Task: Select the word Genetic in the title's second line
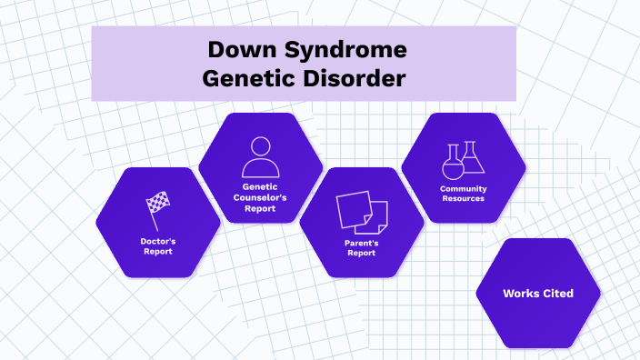click(249, 78)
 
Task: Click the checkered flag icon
click(157, 210)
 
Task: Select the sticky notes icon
click(362, 212)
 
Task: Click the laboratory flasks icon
click(463, 161)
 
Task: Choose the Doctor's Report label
click(158, 246)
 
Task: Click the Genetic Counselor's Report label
click(260, 197)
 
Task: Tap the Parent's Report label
click(362, 248)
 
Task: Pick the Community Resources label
click(463, 194)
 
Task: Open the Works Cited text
click(538, 294)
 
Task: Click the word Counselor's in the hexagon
click(260, 197)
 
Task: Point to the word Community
click(463, 188)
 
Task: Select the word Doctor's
click(158, 241)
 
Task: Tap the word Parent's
click(362, 243)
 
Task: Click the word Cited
click(556, 294)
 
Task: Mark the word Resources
click(463, 198)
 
